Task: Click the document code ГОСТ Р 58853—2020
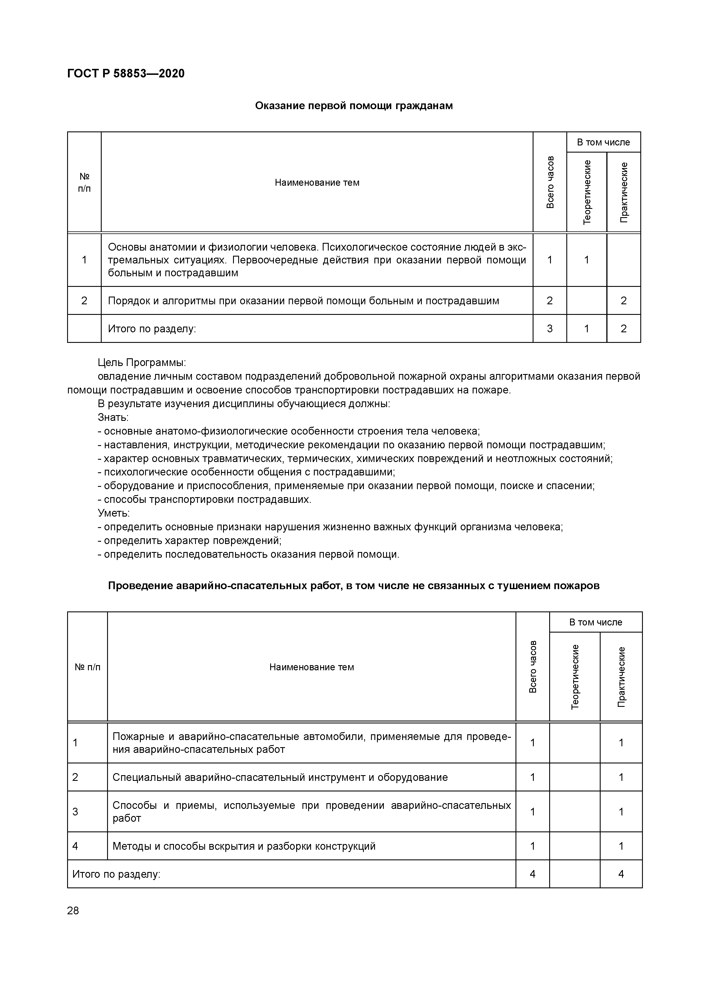pos(126,73)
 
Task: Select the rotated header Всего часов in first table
pos(550,182)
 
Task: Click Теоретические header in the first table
pos(587,192)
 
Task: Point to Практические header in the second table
pos(621,677)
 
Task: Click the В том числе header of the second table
pos(595,622)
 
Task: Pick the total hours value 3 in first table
pos(550,329)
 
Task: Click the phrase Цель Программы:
pos(142,363)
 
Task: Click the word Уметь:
pos(113,513)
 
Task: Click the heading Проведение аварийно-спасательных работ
pos(353,586)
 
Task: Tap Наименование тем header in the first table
pos(317,182)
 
